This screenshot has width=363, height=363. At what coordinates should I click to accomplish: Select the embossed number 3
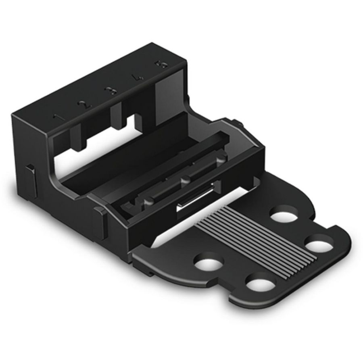[110, 91]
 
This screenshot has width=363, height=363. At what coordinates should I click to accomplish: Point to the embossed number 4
[137, 77]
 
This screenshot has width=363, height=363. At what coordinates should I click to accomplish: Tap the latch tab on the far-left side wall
[30, 177]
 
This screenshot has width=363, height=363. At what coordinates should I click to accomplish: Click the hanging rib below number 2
[77, 135]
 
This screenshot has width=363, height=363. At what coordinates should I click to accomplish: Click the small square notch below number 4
[139, 120]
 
